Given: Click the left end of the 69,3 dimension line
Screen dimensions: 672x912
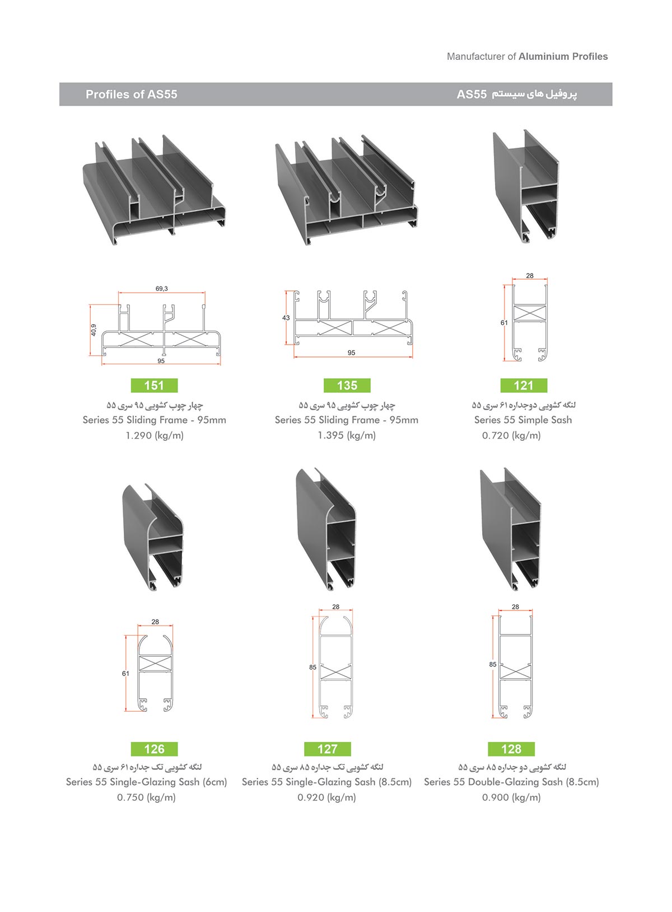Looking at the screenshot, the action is (x=119, y=292).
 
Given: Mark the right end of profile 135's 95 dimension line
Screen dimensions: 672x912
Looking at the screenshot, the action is (x=412, y=357).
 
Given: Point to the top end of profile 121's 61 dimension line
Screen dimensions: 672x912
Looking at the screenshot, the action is (x=505, y=285).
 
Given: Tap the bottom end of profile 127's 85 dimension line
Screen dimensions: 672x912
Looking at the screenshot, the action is (x=313, y=718).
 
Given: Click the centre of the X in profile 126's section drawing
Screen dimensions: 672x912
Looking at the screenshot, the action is (x=155, y=663).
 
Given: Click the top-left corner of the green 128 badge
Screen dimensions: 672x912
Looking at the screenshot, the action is (x=488, y=742).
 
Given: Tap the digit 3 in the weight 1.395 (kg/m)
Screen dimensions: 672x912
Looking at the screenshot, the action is (x=328, y=435).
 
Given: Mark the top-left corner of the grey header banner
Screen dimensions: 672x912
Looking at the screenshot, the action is (x=59, y=83).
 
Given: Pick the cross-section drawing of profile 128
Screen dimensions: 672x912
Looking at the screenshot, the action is (x=516, y=667).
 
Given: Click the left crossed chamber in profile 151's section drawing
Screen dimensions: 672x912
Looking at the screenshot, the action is (x=134, y=339).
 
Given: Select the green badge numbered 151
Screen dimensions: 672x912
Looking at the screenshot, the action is (x=154, y=385).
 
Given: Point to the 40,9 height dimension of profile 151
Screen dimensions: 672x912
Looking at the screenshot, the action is (x=94, y=330).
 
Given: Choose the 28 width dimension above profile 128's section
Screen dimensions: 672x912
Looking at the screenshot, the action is (x=516, y=607).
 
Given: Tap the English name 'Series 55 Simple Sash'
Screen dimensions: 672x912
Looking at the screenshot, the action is (x=523, y=420).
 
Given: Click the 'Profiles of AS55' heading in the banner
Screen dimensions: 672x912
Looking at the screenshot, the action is (x=131, y=95).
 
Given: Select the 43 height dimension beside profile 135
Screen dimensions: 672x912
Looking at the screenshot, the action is (x=286, y=318).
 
